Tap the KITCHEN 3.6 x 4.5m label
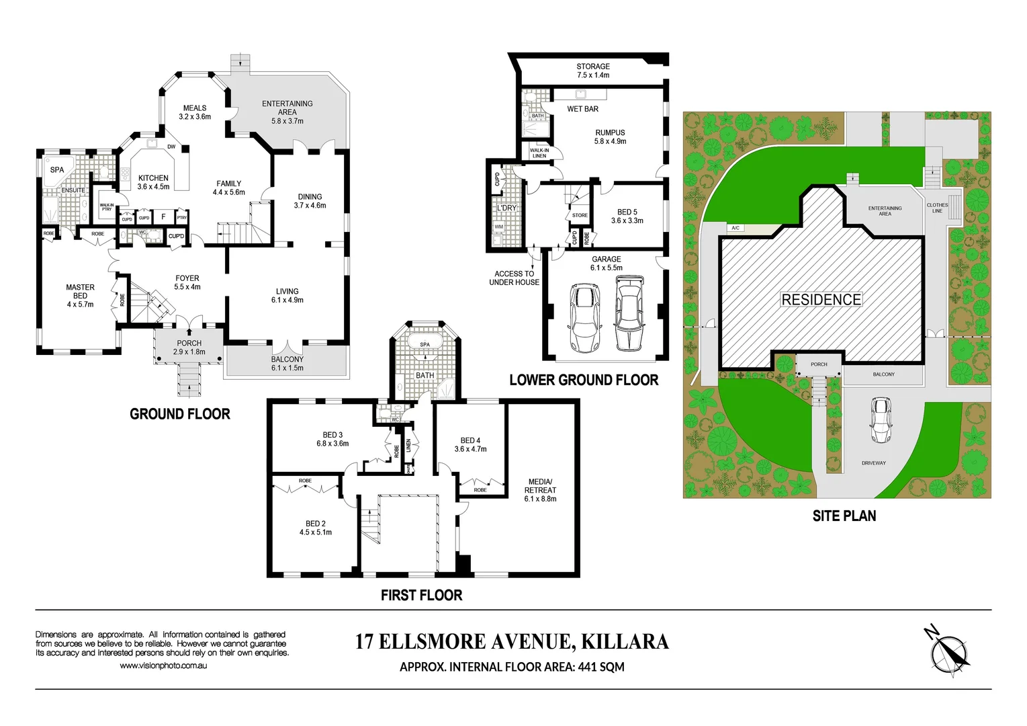click(x=153, y=182)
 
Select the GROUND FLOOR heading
click(x=180, y=414)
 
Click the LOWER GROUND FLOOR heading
click(x=584, y=380)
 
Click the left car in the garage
click(x=583, y=317)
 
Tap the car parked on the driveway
click(x=880, y=421)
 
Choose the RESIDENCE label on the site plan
click(x=821, y=300)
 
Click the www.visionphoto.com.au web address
click(x=163, y=665)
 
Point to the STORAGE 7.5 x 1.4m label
click(x=593, y=71)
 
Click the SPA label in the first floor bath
click(x=425, y=345)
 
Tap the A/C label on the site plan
click(x=735, y=228)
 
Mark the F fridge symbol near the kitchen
click(x=163, y=217)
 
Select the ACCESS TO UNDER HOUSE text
click(x=514, y=278)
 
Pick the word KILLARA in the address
click(x=625, y=642)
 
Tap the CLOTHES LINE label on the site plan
click(x=937, y=208)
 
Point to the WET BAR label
click(x=582, y=109)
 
